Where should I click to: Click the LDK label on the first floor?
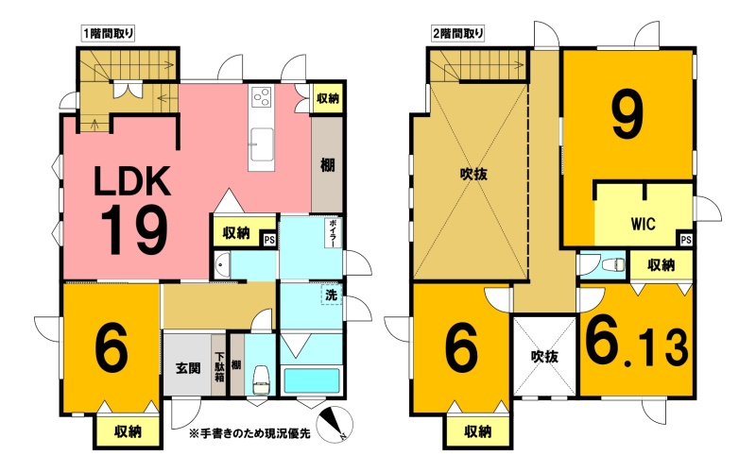coord(132,181)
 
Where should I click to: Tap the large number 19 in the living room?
coord(134,230)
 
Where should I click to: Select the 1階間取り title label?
coord(108,34)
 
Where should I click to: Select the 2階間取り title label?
coord(457,34)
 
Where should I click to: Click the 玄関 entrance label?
coord(187,369)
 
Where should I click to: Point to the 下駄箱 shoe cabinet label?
coord(219,367)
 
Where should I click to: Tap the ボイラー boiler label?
coord(334,233)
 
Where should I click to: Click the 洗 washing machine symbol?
coord(332,295)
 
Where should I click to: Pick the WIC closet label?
coord(644,224)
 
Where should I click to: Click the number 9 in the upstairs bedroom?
coord(627,114)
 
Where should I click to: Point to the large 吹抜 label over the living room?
coord(473,175)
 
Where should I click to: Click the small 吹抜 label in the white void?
coord(545,357)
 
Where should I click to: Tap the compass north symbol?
coord(336,425)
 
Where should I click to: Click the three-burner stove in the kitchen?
coord(262,97)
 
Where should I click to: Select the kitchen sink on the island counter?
coord(262,143)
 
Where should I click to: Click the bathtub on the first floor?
coord(312,381)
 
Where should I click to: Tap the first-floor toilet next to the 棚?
coord(261,379)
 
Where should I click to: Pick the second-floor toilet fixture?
coord(612,264)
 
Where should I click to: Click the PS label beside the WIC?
coord(686,240)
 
